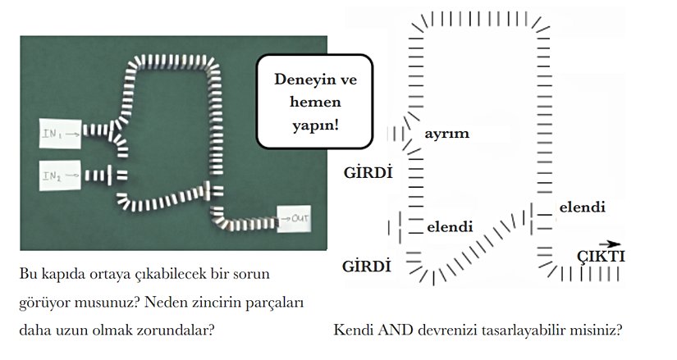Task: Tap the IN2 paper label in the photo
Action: click(x=60, y=174)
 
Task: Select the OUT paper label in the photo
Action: click(x=296, y=218)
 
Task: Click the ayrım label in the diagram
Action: click(x=446, y=133)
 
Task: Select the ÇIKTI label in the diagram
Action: click(x=602, y=257)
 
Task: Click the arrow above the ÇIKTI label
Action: click(x=608, y=243)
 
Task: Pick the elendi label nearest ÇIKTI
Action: click(x=582, y=207)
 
